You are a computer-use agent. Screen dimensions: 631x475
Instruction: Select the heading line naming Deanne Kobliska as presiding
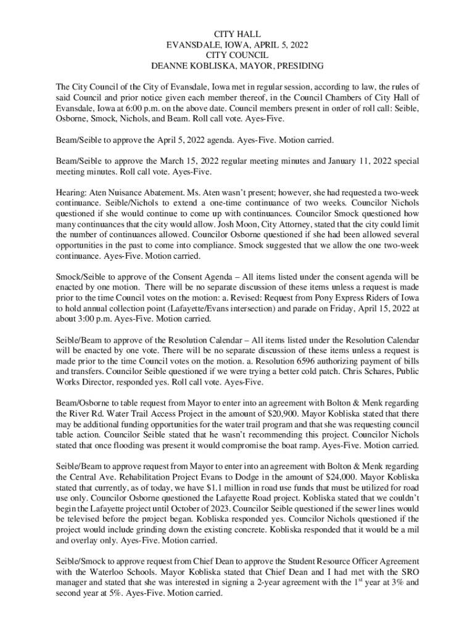pyautogui.click(x=237, y=66)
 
